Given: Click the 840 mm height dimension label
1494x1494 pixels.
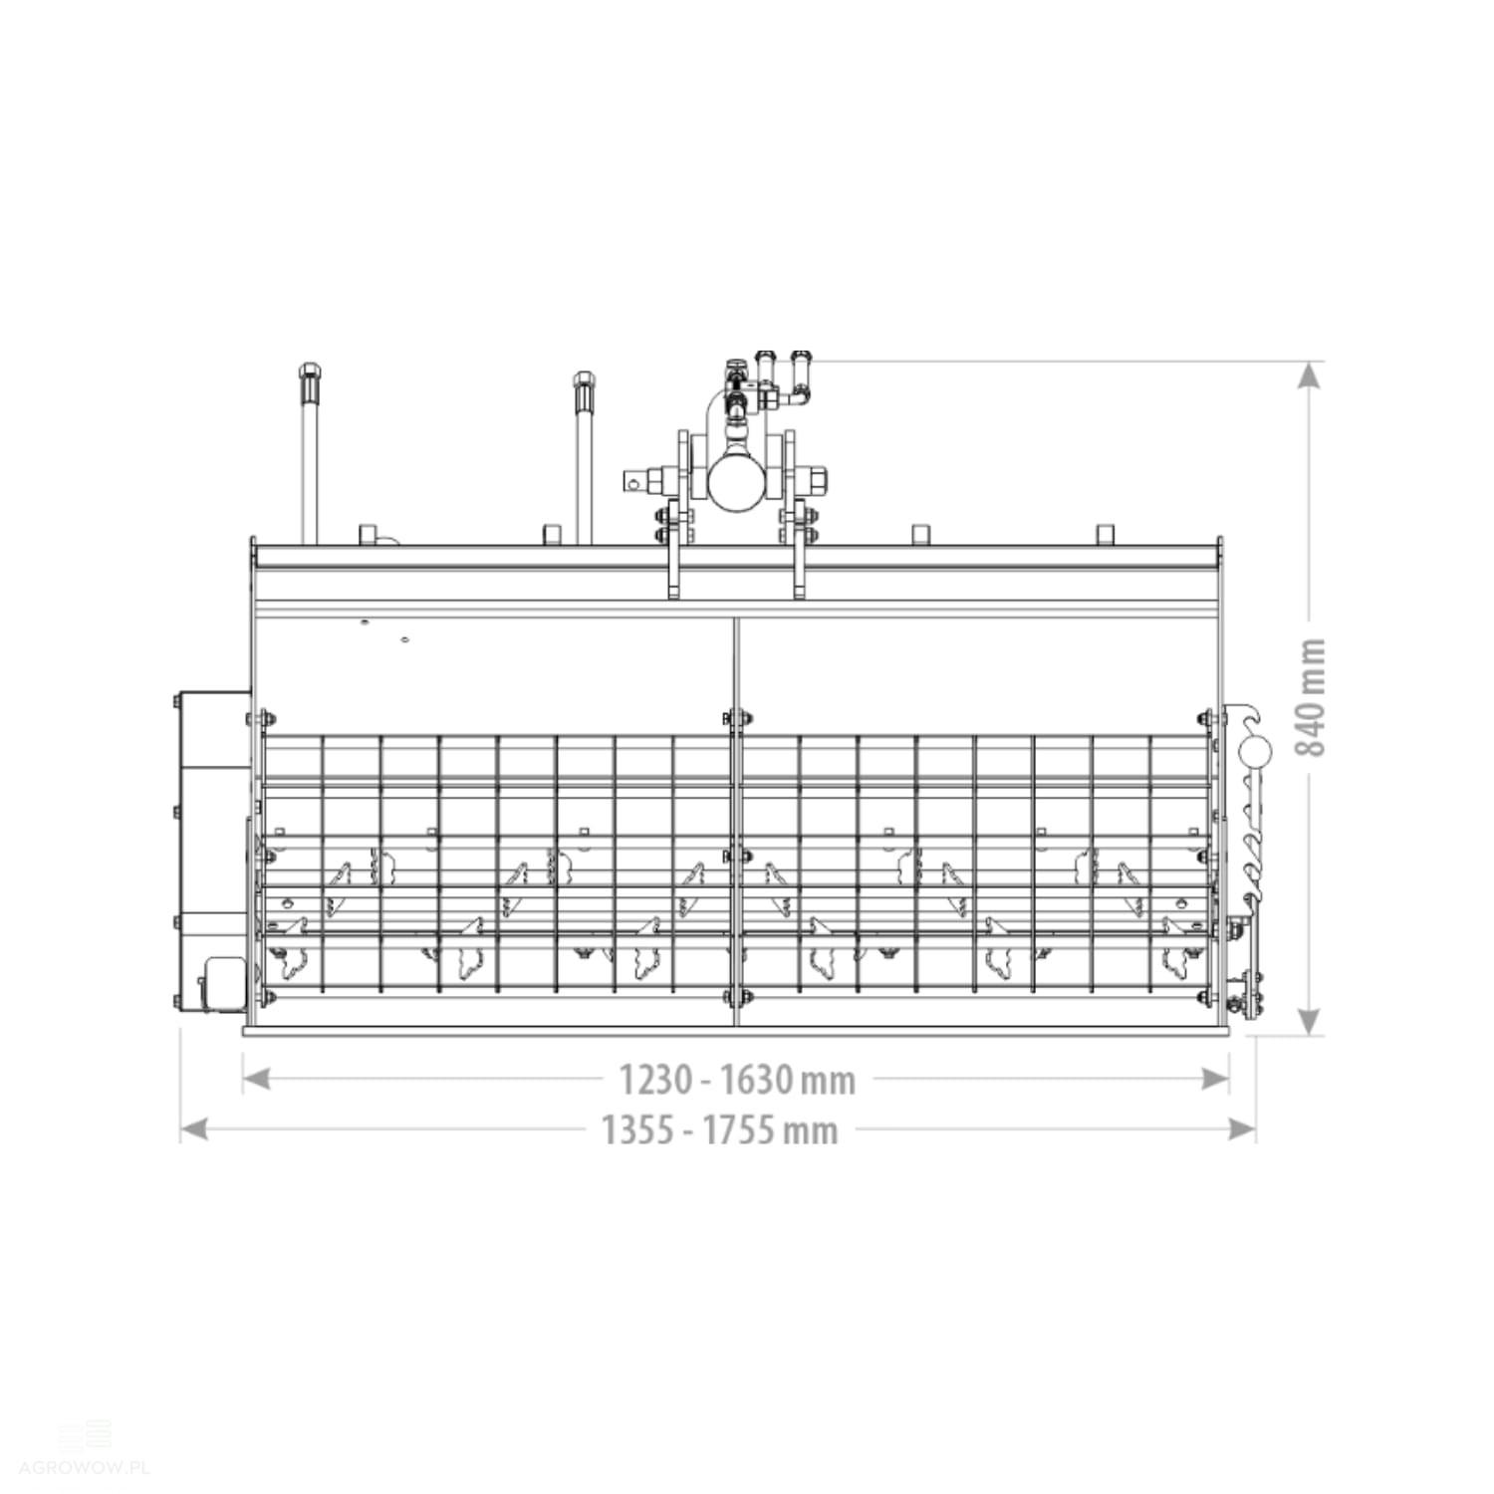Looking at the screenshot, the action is pos(1312,697).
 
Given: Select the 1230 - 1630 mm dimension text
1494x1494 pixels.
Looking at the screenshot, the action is pos(737,1079).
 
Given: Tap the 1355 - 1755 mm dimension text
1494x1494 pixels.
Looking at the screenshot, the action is pos(719,1130).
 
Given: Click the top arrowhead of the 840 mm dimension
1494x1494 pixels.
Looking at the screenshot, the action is pos(1311,375).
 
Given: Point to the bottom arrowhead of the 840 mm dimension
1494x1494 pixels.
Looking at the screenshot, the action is pos(1311,1019).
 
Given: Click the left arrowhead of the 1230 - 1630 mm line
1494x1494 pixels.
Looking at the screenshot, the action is pos(257,1079).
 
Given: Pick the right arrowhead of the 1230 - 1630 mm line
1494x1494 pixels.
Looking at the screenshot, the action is pos(1215,1079).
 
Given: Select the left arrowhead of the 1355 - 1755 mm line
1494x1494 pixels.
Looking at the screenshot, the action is pos(194,1129).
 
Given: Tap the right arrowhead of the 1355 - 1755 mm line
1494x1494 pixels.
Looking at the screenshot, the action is pos(1241,1129).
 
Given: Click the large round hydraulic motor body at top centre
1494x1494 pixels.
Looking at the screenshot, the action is pos(736,482).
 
